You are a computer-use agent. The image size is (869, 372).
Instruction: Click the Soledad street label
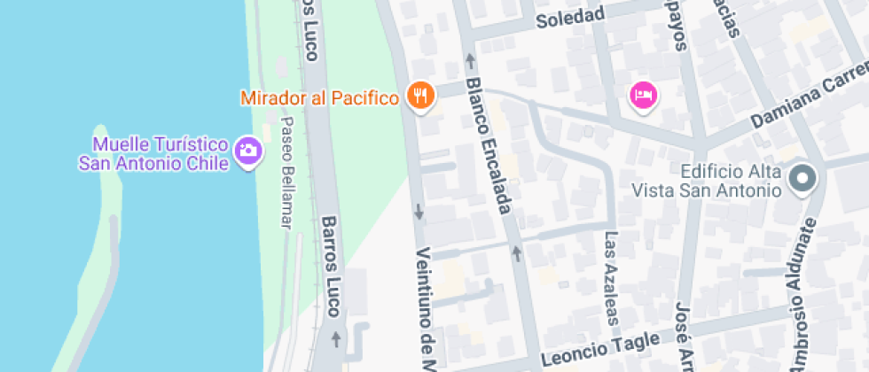coord(570,15)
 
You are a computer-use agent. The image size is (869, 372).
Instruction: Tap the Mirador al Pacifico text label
coord(319,97)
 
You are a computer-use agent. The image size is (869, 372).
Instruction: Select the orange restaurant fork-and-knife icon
coord(420,95)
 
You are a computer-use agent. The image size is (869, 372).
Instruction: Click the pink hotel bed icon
coord(643,94)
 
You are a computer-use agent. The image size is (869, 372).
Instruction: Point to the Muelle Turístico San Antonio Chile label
coord(153,153)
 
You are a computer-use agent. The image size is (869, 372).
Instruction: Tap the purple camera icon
coord(248,151)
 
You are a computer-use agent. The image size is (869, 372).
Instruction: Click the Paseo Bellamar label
coord(285,173)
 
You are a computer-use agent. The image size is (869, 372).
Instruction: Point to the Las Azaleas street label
coord(612,278)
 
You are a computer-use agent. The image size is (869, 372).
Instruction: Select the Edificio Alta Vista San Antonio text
coord(706,181)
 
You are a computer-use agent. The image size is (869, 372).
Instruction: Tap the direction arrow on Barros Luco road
coord(336,337)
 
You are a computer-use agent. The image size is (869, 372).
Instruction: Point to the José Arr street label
coord(683,335)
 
